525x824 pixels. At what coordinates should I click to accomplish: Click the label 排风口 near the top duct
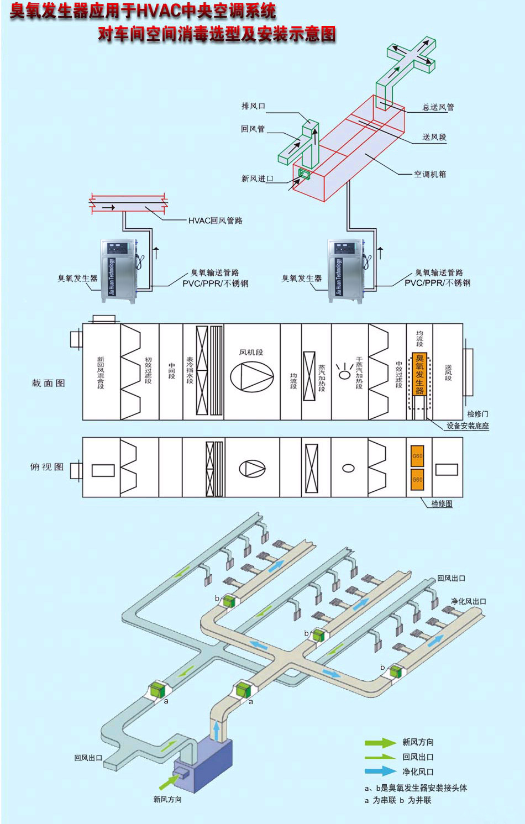point(253,106)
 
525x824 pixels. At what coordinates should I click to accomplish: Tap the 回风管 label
point(253,129)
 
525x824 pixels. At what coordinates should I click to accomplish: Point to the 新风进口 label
point(257,179)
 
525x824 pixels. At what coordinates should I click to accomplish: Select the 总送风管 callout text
point(438,107)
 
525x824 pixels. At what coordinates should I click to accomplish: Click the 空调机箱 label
point(430,174)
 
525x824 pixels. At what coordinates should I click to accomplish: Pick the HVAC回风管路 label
point(215,221)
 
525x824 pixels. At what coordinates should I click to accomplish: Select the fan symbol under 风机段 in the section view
point(251,377)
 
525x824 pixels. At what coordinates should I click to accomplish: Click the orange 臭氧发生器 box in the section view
point(419,374)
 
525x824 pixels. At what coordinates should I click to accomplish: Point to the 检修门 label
point(477,413)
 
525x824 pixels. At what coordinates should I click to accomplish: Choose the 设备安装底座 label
point(468,426)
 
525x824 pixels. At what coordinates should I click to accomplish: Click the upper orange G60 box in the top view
point(417,456)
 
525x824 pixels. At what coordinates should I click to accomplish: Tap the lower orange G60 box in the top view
point(417,479)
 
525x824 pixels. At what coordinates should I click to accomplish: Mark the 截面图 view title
point(48,383)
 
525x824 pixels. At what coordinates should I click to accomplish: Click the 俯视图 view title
point(46,467)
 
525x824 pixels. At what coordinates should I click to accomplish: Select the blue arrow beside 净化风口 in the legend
point(380,771)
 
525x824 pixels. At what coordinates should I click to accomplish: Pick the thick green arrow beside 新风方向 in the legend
point(380,743)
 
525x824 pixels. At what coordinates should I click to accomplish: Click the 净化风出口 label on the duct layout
point(468,601)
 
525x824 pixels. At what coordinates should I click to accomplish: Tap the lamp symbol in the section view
point(344,374)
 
